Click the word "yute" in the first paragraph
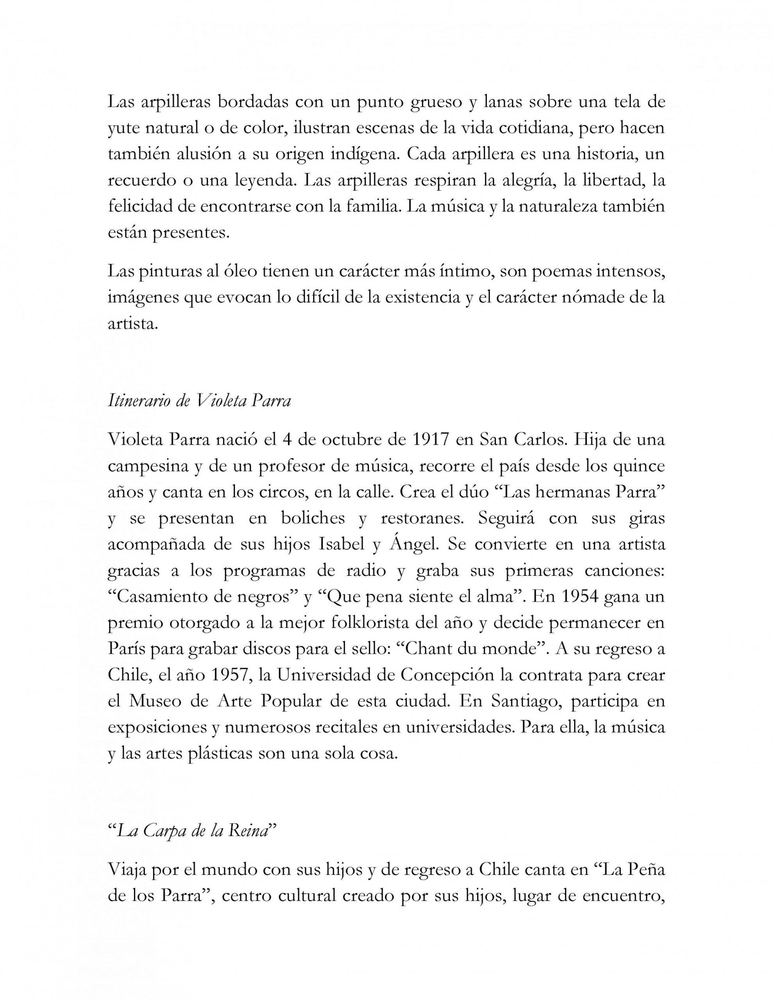pos(122,129)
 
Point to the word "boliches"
pos(313,519)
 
